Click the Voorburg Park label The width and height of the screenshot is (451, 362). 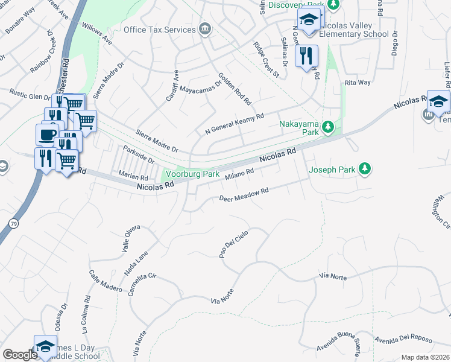pos(192,174)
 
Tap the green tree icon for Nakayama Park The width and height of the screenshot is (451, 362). pos(328,126)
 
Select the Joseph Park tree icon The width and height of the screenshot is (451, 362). pos(365,170)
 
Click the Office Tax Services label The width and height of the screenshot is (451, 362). pos(160,30)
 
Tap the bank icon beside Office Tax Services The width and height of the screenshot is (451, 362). pos(205,29)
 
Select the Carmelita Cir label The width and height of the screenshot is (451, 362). pos(142,285)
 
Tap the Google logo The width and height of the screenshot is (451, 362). pos(20,355)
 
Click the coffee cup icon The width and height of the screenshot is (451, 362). pos(47,133)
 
